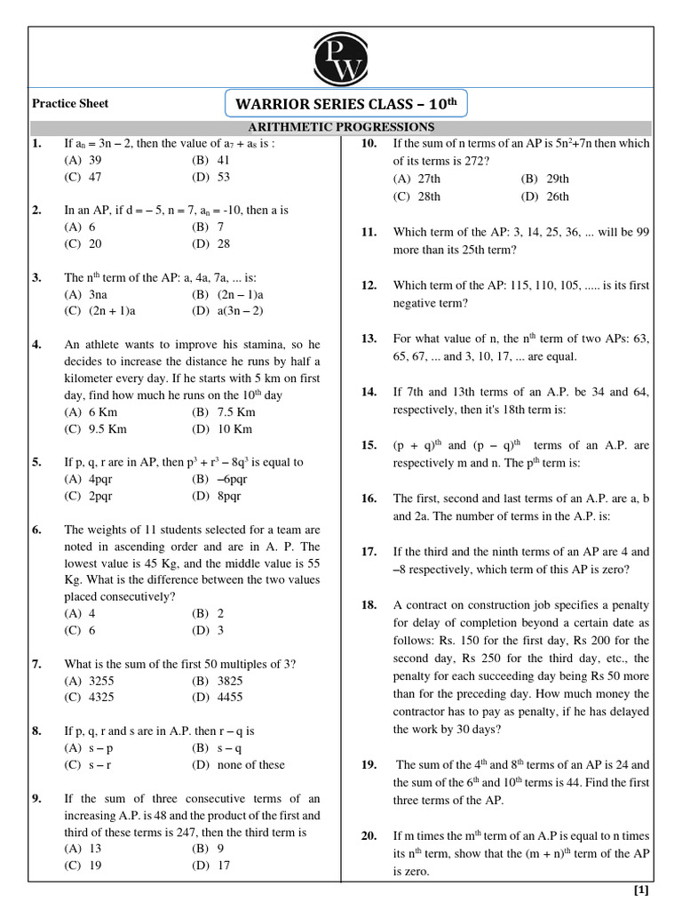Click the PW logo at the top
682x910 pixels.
[x=341, y=60]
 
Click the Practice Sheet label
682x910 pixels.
[x=70, y=103]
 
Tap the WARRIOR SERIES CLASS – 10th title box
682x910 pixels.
[x=346, y=104]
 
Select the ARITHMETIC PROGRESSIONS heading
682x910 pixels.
[x=340, y=128]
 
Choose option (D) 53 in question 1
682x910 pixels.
[x=210, y=177]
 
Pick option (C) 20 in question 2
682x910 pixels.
[x=83, y=243]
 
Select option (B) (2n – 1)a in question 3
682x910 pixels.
[x=227, y=294]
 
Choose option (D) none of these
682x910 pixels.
[x=238, y=763]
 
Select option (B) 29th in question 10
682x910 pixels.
[x=545, y=179]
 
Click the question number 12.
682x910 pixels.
[x=369, y=285]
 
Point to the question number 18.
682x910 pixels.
[x=369, y=605]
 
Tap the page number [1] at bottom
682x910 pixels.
[x=640, y=890]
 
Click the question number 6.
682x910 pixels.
[x=37, y=530]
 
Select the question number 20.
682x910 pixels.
[x=369, y=836]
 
